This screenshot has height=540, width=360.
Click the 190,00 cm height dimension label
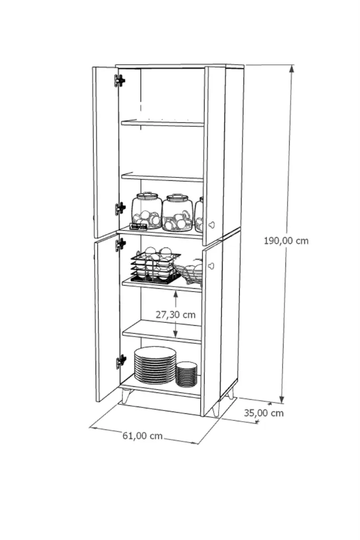point(286,240)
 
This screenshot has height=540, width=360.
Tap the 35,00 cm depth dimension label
point(264,412)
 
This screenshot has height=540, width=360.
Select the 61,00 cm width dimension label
point(142,436)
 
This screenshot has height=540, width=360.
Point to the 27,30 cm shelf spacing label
point(176,314)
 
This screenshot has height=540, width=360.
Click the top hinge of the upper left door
point(120,80)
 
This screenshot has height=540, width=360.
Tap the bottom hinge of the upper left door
point(120,208)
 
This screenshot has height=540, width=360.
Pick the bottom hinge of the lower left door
point(121,362)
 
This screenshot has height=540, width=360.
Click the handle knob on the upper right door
point(211,225)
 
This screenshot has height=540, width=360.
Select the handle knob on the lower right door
point(211,266)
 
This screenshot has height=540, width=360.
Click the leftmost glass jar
point(147,211)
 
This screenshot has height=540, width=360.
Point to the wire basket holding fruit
point(155,267)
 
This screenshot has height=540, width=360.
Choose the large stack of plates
point(155,365)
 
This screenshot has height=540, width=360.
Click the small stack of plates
point(186,374)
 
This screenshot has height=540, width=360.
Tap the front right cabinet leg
point(216,409)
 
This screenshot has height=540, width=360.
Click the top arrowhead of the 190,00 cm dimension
point(292,69)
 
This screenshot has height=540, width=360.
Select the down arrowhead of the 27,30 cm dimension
point(176,334)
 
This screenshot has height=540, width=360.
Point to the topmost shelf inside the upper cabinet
point(162,122)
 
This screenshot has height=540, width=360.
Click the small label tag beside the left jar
point(138,227)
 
